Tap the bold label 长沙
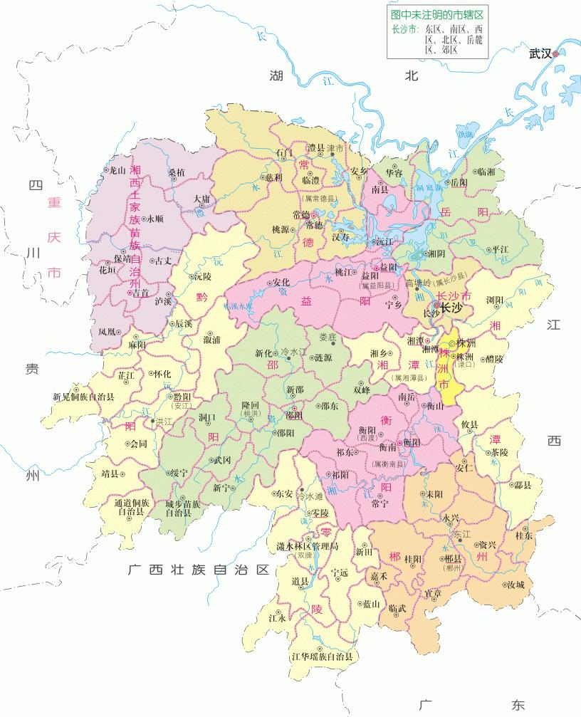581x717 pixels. (453, 308)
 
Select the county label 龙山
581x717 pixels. (114, 170)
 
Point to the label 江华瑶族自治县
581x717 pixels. (323, 656)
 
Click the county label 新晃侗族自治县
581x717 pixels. (83, 397)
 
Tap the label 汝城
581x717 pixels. (515, 585)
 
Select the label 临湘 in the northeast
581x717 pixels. (486, 172)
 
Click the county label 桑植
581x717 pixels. (177, 173)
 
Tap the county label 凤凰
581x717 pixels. (108, 332)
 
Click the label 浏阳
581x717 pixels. (497, 300)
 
